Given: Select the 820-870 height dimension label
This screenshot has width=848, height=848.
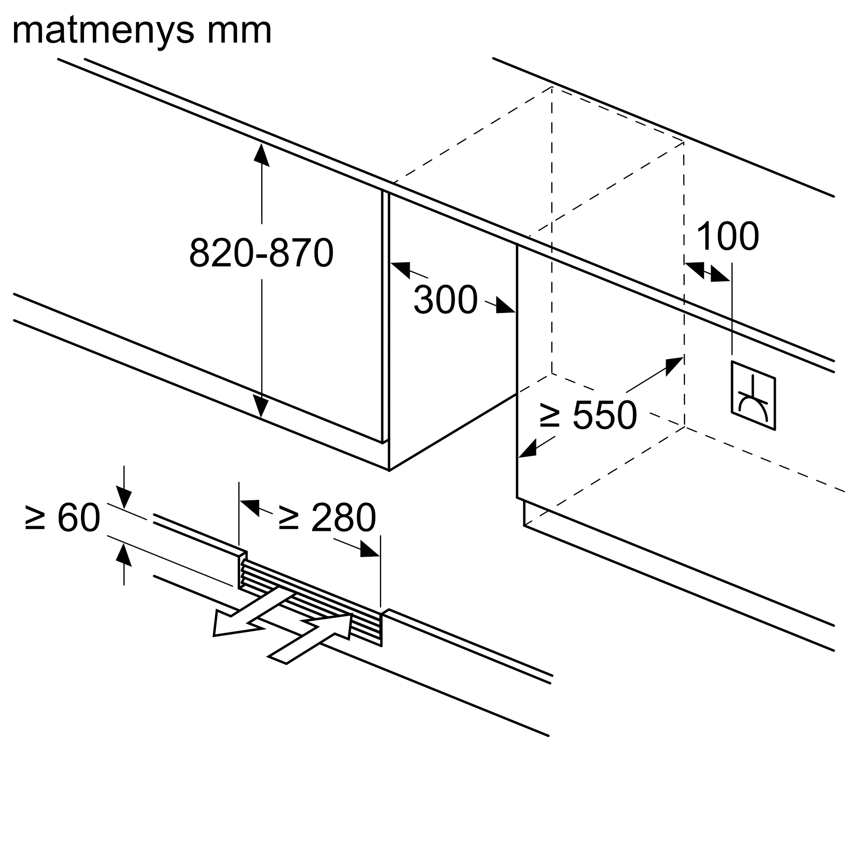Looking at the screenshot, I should click(x=261, y=253).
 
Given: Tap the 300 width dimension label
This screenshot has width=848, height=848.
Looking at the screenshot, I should click(x=445, y=300).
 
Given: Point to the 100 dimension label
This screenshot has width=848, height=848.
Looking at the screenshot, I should click(x=727, y=237).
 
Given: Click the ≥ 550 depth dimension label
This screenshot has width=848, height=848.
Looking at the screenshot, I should click(x=588, y=415).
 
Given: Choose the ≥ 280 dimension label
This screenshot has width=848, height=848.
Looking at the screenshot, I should click(x=327, y=518).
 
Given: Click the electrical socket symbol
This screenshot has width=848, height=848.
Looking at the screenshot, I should click(x=753, y=395).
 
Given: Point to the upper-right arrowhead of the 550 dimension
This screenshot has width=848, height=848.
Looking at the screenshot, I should click(x=673, y=365).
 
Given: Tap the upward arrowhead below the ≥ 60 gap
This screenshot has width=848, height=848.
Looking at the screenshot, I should click(x=124, y=554).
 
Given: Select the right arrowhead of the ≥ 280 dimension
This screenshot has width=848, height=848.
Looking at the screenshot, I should click(x=369, y=550).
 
